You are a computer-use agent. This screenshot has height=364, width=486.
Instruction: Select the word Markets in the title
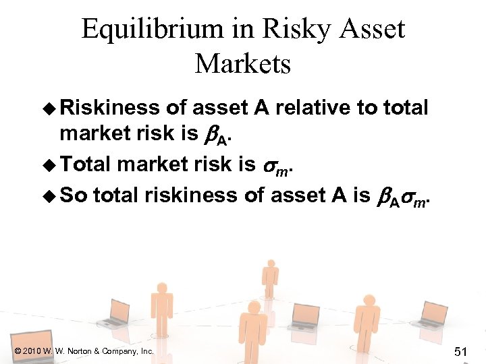point(243,64)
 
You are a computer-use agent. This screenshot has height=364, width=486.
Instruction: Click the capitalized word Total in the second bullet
point(87,164)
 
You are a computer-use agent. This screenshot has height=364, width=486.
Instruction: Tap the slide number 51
point(461,352)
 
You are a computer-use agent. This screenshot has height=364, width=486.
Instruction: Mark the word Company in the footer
point(121,351)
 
